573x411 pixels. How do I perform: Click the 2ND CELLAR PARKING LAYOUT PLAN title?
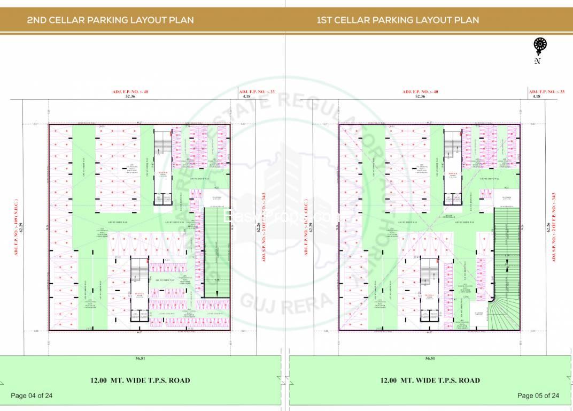[110, 20]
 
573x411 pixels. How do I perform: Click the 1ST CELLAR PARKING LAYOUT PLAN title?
[398, 20]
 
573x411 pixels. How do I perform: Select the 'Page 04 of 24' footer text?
[32, 396]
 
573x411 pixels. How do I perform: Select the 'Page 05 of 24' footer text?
[538, 396]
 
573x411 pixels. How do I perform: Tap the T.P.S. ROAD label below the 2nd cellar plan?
[141, 380]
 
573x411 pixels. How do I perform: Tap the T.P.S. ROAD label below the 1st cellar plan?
[430, 380]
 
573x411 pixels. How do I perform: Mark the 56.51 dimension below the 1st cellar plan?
[430, 359]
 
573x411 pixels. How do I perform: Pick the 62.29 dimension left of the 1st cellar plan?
[310, 227]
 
